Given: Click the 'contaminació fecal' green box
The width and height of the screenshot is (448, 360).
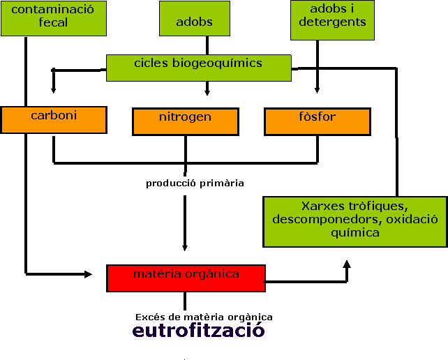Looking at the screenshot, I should [x=53, y=18].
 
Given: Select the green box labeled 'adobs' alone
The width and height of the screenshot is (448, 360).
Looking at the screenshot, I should [x=194, y=19].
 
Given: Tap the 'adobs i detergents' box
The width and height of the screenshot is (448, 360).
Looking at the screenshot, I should [x=332, y=20].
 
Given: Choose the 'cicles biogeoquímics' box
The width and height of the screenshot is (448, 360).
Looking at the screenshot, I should [x=198, y=68].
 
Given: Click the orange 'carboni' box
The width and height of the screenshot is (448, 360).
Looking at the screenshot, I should [x=54, y=119].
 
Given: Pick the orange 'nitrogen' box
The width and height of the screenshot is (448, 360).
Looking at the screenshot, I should [x=185, y=121].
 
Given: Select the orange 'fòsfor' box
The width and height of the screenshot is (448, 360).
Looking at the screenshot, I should [x=317, y=121].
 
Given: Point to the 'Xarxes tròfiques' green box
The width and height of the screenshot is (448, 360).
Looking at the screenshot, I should [x=354, y=222].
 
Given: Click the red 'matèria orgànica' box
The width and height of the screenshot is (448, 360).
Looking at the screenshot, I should [x=186, y=278].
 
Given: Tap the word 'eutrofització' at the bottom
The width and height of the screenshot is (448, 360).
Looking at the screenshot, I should [x=198, y=330].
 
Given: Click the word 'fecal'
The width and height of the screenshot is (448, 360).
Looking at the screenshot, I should [x=53, y=22].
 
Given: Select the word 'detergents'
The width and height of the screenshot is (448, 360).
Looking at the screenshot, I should [x=332, y=22].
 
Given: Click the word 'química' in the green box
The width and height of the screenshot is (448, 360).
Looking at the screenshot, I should [x=355, y=232].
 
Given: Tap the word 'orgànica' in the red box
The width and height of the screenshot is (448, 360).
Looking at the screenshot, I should [x=212, y=274].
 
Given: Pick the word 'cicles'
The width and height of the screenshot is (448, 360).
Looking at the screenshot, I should [x=151, y=63].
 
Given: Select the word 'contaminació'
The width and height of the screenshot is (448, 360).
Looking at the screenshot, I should [x=53, y=10].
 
